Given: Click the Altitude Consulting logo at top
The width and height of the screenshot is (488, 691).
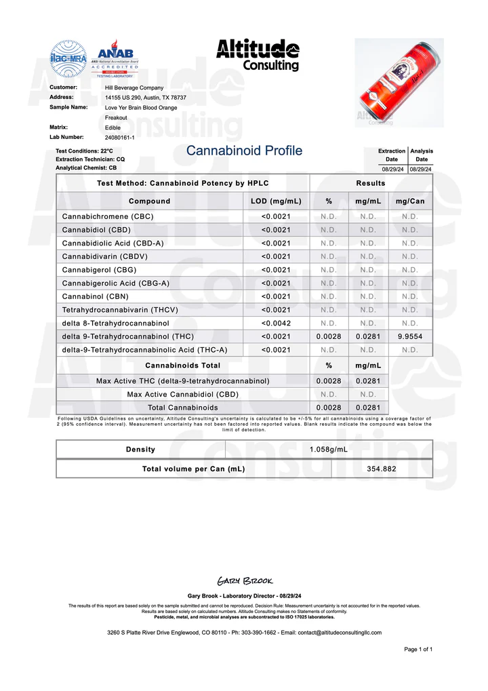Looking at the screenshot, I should [x=258, y=55].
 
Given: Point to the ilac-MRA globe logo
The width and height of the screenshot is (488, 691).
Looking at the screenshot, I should [x=68, y=58].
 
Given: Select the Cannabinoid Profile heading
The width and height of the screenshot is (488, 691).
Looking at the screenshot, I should [x=244, y=151].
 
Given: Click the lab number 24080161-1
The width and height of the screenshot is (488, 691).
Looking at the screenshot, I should [x=120, y=137].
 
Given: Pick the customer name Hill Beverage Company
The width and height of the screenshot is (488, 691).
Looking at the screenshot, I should [x=134, y=87].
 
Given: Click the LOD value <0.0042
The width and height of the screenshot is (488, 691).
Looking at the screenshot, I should [x=276, y=323].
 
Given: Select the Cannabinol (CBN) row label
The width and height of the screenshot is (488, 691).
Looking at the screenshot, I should [x=95, y=296].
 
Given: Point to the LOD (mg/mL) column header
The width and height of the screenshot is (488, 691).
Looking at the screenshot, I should [x=276, y=201].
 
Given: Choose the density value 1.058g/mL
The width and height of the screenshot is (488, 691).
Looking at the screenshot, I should [x=328, y=449].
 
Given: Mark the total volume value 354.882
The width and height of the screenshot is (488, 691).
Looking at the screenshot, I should [x=382, y=469].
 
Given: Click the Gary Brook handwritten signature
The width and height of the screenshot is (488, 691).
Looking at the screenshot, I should [x=244, y=581].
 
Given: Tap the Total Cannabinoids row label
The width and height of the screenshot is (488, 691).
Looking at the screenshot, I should [x=183, y=408].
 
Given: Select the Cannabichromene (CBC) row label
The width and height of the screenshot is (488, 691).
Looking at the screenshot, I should [x=108, y=216].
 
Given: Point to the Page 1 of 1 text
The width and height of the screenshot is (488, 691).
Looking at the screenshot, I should [x=418, y=650].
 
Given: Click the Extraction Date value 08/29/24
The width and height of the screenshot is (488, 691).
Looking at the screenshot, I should [x=393, y=169].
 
